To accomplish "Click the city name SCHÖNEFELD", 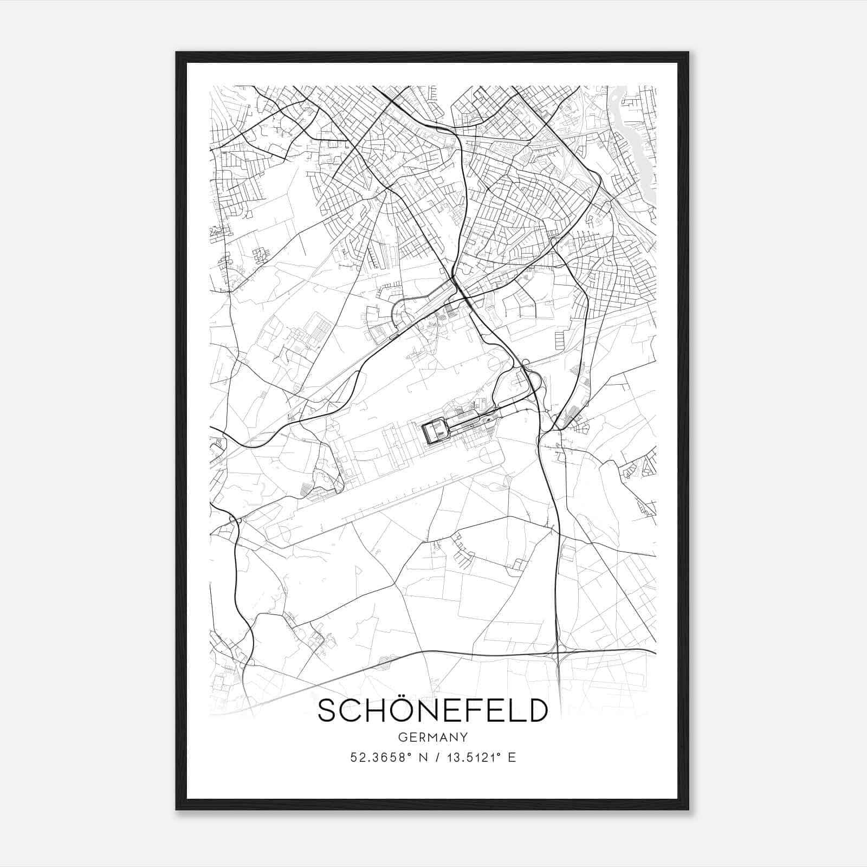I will (432, 710).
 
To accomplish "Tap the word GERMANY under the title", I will (432, 737).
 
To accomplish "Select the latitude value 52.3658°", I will (385, 758).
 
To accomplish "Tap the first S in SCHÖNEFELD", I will (327, 710).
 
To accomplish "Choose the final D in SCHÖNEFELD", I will (536, 710).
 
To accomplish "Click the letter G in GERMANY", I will (402, 737).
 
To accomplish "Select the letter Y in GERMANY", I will (464, 737).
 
